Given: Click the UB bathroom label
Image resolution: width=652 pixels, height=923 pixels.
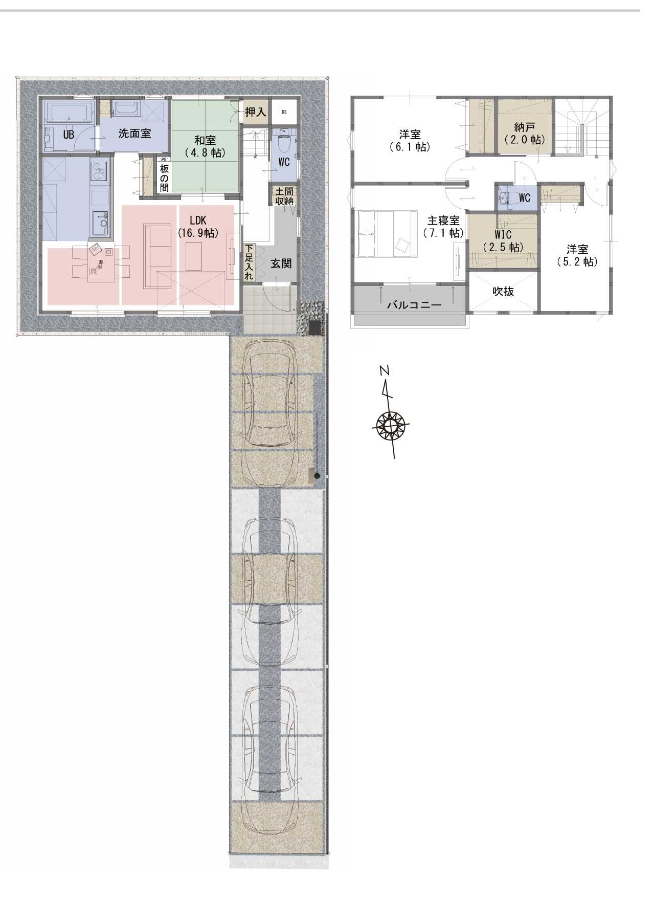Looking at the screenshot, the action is (x=68, y=135).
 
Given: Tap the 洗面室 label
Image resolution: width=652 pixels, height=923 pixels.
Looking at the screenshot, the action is (x=134, y=134).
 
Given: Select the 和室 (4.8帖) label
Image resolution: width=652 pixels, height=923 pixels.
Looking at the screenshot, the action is (x=205, y=146).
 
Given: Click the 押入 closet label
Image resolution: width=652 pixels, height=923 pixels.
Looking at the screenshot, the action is (x=255, y=112).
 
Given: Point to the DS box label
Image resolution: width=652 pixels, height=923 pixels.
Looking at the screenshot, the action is (x=284, y=112).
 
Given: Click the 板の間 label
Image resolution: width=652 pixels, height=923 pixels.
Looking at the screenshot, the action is (x=164, y=178).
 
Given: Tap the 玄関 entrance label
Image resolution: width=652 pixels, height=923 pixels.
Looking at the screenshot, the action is (x=281, y=263).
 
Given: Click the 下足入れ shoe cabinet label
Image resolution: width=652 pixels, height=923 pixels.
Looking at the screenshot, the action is (x=249, y=261).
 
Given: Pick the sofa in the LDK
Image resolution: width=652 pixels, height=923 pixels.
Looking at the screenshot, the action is (x=158, y=256).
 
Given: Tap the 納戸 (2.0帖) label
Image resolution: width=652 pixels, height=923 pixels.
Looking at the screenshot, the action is (x=524, y=133).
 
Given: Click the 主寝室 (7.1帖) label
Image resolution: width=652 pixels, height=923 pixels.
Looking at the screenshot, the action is (x=443, y=227).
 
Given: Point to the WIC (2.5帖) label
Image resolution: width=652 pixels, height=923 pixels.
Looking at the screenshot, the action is (x=503, y=241).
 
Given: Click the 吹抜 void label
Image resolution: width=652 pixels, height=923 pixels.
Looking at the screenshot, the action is (x=503, y=291).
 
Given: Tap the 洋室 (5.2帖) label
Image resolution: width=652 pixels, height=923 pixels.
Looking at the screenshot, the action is (x=577, y=255).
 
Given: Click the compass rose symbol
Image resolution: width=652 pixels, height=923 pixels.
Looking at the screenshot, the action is (x=391, y=425).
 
